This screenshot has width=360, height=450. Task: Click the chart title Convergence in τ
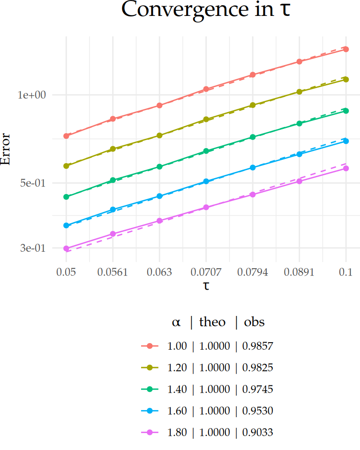(206, 10)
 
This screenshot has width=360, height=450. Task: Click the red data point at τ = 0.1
(346, 49)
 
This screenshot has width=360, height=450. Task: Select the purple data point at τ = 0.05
(66, 248)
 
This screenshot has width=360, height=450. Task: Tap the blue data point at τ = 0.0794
(253, 167)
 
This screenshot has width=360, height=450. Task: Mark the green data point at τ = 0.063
(159, 166)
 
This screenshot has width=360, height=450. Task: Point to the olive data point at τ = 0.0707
(206, 120)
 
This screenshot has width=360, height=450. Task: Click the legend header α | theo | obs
(218, 322)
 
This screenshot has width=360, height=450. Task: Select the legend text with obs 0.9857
(220, 346)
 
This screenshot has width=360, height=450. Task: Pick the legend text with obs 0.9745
(220, 390)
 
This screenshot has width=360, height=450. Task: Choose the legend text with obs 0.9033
(220, 433)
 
